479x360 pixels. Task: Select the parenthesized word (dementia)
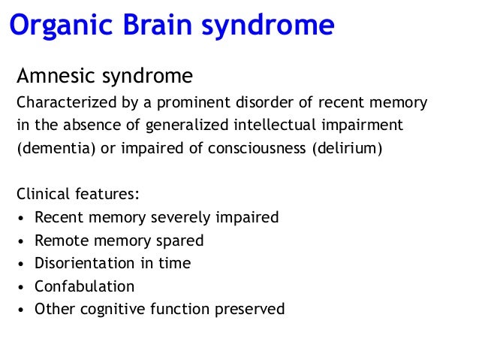(x=55, y=147)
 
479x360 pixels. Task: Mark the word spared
(x=178, y=241)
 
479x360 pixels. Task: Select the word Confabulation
(x=84, y=286)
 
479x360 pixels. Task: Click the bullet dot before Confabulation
(x=23, y=287)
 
